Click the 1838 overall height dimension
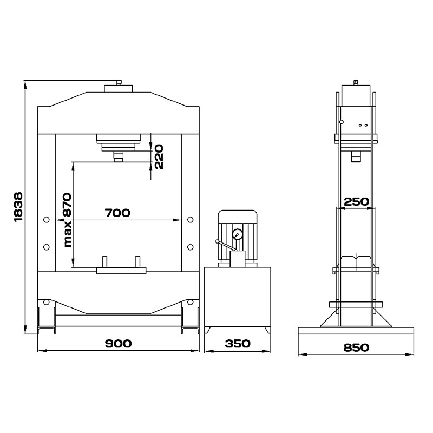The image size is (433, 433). [x=18, y=207]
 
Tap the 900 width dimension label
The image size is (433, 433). [x=118, y=344]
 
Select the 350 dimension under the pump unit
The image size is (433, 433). [x=238, y=344]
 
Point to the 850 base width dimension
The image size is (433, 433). [x=356, y=347]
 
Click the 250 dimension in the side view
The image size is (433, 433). [x=356, y=201]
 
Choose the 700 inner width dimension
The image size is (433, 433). [x=117, y=213]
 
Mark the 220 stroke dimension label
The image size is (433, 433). [x=159, y=156]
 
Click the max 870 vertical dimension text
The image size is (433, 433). [x=67, y=220]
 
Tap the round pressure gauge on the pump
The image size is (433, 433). [x=237, y=235]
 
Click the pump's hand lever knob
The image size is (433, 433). [x=218, y=241]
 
